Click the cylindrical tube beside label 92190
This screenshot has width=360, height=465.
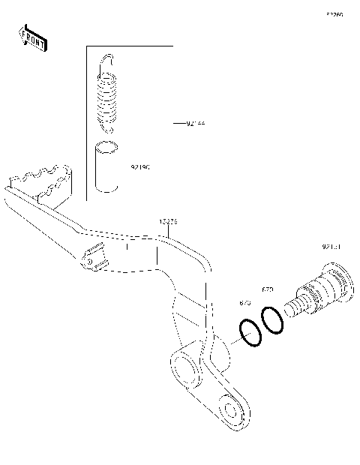[x=106, y=169]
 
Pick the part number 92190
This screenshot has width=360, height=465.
[x=140, y=168]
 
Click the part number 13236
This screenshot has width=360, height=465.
[x=168, y=223]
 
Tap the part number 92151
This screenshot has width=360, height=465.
[x=332, y=246]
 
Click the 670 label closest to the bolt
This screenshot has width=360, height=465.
[x=267, y=289]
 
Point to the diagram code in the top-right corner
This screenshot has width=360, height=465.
[x=334, y=14]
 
